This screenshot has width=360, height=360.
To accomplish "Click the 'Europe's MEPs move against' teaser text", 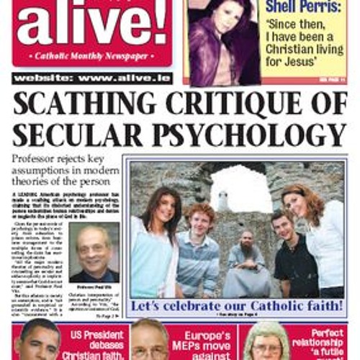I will pos(204,343).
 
